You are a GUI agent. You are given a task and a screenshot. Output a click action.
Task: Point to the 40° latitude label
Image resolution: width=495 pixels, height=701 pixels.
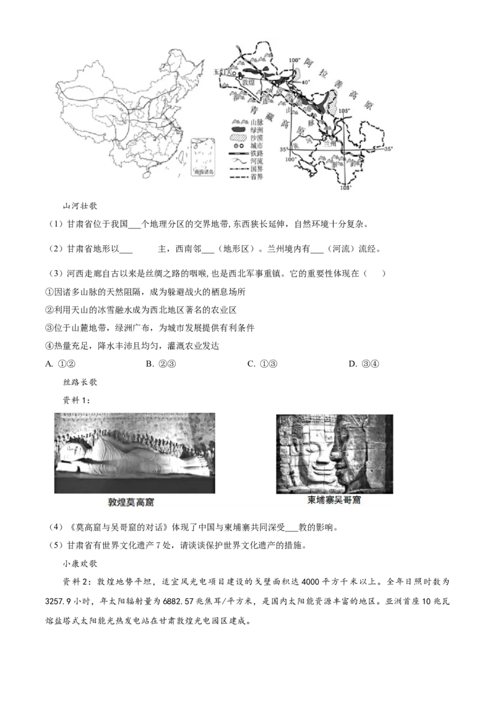coord(305,82)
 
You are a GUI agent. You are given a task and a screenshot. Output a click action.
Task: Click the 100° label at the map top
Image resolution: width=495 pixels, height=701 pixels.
coord(295,61)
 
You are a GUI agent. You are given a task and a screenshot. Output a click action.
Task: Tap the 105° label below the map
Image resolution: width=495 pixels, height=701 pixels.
coord(346,188)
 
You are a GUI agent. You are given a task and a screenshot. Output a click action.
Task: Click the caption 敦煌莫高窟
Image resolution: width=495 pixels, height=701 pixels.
coord(130,503)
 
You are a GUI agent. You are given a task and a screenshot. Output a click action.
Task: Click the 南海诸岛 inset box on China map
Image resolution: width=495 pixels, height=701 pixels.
coord(205,160)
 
